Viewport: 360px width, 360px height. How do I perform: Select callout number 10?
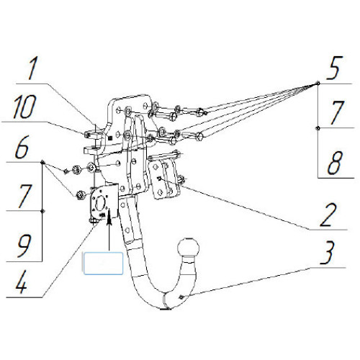tap(24, 107)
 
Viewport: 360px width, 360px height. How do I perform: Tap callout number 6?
tap(22, 147)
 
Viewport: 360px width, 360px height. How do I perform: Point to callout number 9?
tap(24, 246)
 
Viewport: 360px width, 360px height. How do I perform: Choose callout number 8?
tap(335, 163)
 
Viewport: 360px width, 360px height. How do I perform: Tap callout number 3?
tap(327, 253)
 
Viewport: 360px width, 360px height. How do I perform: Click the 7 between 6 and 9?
tap(24, 196)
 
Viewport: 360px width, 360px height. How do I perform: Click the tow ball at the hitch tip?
tap(189, 248)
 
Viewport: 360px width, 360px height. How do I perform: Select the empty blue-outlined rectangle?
tap(103, 264)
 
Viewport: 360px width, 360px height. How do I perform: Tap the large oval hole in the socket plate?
tap(99, 204)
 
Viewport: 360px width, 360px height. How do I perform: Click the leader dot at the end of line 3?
tap(181, 297)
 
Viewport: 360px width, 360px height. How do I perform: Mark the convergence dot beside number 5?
tap(318, 84)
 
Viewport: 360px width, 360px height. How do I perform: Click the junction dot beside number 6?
tap(42, 162)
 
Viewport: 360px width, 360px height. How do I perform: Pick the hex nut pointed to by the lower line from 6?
tap(80, 195)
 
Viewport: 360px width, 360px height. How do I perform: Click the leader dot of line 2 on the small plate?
tap(158, 178)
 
